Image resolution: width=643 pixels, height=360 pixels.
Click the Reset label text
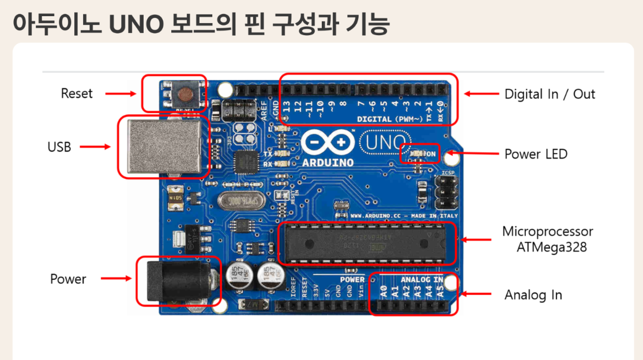click(77, 93)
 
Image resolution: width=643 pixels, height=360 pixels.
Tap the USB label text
click(59, 147)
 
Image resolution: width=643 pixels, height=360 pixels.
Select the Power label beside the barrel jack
click(68, 279)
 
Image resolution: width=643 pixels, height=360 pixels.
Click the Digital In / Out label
click(550, 94)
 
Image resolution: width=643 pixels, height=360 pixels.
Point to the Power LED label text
click(536, 154)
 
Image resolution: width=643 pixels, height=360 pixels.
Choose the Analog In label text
click(533, 295)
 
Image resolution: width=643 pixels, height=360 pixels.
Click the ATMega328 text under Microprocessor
click(552, 247)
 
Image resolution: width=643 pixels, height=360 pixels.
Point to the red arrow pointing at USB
click(95, 147)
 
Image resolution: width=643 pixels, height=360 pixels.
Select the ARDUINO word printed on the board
click(328, 162)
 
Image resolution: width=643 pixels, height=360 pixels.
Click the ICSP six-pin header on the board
click(445, 193)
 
